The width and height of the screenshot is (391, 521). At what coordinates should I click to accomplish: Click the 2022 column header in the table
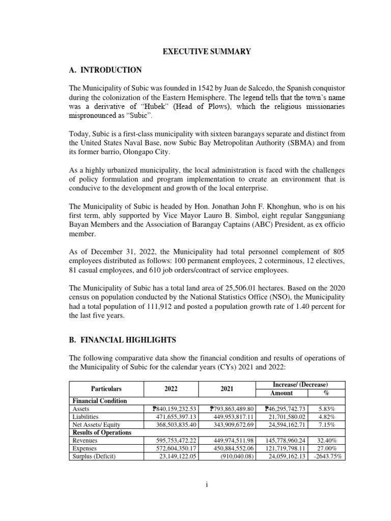point(171,388)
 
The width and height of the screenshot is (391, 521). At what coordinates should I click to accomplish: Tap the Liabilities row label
point(85,417)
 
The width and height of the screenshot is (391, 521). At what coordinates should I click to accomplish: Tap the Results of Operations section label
point(102,432)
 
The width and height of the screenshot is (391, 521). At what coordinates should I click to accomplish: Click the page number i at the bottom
point(207,485)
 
